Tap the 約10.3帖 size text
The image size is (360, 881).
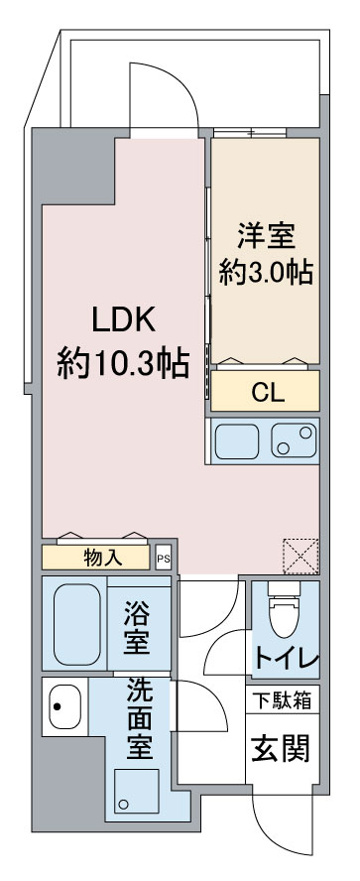tap(123, 363)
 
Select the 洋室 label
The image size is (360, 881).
tap(266, 236)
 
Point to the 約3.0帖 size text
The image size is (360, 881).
tap(266, 273)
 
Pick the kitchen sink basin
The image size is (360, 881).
tap(237, 441)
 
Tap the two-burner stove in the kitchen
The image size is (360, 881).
tap(294, 440)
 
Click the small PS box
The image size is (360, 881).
tap(164, 560)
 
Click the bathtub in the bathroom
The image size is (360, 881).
tap(77, 624)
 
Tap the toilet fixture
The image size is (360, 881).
tap(284, 609)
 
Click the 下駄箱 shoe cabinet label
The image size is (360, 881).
tap(282, 700)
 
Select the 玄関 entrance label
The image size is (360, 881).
tap(281, 749)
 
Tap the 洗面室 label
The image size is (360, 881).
tap(140, 720)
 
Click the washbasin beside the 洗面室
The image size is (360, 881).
tap(64, 706)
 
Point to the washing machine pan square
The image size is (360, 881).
tap(136, 792)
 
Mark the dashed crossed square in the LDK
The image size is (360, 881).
tap(300, 557)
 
